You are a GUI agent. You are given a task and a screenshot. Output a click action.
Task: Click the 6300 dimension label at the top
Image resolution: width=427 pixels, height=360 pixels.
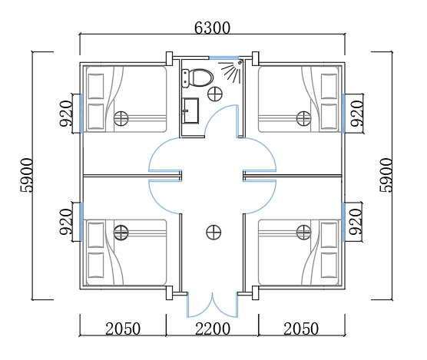(212, 28)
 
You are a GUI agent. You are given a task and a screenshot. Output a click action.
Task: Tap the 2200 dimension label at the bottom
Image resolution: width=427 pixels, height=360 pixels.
(213, 329)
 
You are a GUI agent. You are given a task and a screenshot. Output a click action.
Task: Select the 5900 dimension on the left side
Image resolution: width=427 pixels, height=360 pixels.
(27, 176)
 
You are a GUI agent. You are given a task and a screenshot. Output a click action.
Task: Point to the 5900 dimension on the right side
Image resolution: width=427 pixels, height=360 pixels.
(386, 176)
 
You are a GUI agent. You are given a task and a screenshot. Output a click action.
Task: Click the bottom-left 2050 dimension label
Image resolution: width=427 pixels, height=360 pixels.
(123, 329)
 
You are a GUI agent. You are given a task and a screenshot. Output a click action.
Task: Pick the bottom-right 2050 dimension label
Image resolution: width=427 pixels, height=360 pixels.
(301, 329)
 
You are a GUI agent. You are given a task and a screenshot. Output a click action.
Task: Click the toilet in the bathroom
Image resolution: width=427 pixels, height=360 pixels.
(197, 78)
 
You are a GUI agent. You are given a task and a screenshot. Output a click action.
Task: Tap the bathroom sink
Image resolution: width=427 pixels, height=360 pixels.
(190, 111)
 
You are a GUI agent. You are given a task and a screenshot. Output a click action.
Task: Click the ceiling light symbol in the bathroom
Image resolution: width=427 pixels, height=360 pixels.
(215, 94)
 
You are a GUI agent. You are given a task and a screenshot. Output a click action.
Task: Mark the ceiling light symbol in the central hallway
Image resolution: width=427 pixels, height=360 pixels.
(213, 233)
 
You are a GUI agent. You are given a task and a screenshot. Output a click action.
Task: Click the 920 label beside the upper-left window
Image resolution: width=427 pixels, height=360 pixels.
(66, 114)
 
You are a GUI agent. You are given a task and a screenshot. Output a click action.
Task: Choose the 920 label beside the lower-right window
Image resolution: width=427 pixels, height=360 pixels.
(356, 222)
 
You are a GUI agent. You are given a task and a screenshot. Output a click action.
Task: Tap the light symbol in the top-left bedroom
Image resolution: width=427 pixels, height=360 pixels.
(121, 118)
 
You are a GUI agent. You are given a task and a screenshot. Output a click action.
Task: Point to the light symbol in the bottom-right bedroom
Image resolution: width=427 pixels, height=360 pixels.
(303, 233)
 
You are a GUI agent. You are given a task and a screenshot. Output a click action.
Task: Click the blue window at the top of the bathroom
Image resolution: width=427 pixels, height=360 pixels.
(223, 58)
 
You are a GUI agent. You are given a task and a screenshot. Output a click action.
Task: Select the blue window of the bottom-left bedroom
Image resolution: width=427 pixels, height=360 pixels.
(81, 222)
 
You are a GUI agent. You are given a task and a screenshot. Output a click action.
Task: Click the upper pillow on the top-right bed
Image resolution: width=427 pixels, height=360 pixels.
(329, 86)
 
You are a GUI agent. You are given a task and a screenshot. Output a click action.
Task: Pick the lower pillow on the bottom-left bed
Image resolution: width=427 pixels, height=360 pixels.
(96, 265)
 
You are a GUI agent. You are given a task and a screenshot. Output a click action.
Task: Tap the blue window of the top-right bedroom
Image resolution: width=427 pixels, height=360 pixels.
(343, 113)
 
